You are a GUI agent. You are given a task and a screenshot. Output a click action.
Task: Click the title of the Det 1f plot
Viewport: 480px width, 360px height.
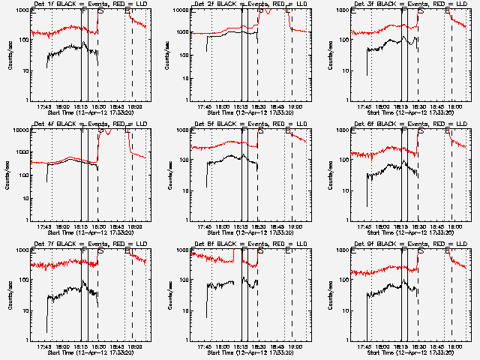pyautogui.click(x=91, y=5)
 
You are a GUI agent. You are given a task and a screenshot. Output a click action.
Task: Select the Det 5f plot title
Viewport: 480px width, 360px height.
pyautogui.click(x=250, y=124)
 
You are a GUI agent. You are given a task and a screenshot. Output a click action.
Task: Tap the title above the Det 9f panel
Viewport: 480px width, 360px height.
pyautogui.click(x=410, y=244)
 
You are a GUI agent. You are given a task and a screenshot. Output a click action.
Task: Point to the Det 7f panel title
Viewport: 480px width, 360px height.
pyautogui.click(x=91, y=244)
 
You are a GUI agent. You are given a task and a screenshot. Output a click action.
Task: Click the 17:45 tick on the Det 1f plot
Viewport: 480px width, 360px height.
pyautogui.click(x=43, y=106)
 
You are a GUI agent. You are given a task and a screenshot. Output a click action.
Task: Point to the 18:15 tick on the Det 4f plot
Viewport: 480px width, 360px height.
pyautogui.click(x=80, y=226)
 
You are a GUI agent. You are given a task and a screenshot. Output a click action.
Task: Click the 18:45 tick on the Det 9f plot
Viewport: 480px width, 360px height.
pyautogui.click(x=437, y=346)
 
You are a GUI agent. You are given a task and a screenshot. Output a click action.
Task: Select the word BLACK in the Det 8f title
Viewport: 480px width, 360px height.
pyautogui.click(x=225, y=244)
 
